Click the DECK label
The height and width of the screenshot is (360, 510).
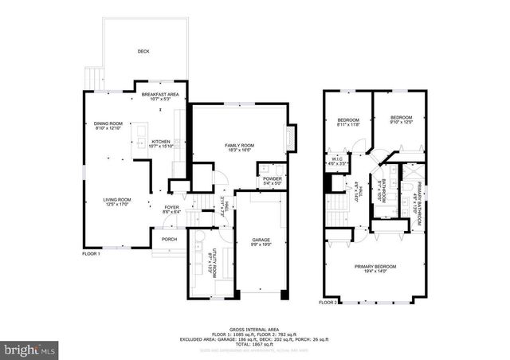(x=143, y=51)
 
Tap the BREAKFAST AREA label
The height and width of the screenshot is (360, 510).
(x=160, y=94)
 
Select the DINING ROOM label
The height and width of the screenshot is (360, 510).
(x=108, y=123)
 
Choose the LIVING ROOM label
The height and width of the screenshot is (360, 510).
(x=116, y=200)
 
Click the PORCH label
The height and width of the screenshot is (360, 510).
(x=169, y=239)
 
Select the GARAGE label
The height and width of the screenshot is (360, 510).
(x=261, y=240)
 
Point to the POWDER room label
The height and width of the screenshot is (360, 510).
(x=273, y=179)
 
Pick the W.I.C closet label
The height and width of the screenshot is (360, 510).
(x=337, y=158)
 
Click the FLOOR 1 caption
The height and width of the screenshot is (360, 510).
(x=92, y=253)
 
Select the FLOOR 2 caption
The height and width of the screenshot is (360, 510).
(x=328, y=303)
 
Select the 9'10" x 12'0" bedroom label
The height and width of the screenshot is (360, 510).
(x=401, y=119)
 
